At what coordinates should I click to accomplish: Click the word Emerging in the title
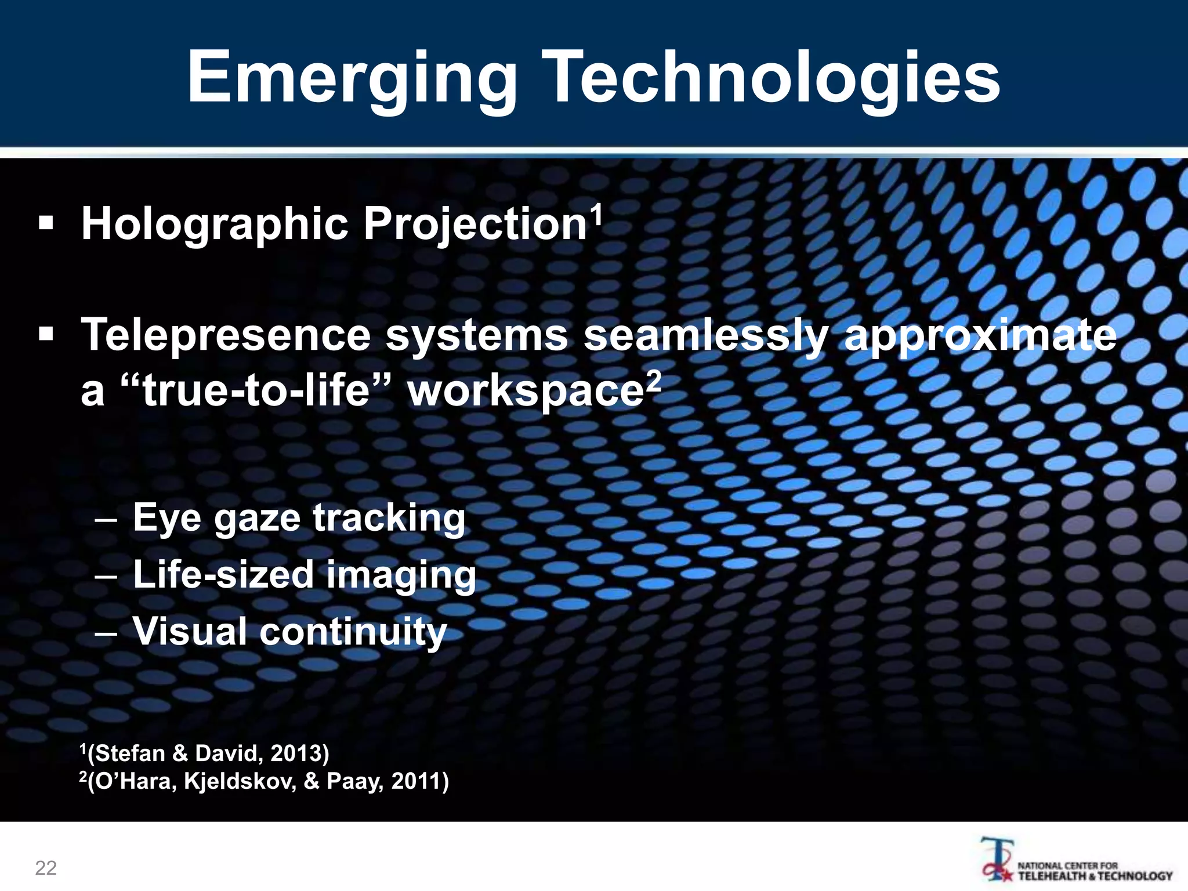(352, 79)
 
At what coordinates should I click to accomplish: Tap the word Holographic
(215, 225)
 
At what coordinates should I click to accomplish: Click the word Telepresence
(226, 335)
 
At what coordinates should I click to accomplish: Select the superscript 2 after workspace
(654, 380)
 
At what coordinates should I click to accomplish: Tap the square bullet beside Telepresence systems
(46, 334)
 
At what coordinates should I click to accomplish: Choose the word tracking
(389, 518)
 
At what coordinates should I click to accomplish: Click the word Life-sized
(223, 574)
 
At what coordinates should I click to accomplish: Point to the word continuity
(353, 631)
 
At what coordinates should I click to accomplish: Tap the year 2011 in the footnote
(416, 781)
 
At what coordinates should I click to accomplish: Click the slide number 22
(46, 868)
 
